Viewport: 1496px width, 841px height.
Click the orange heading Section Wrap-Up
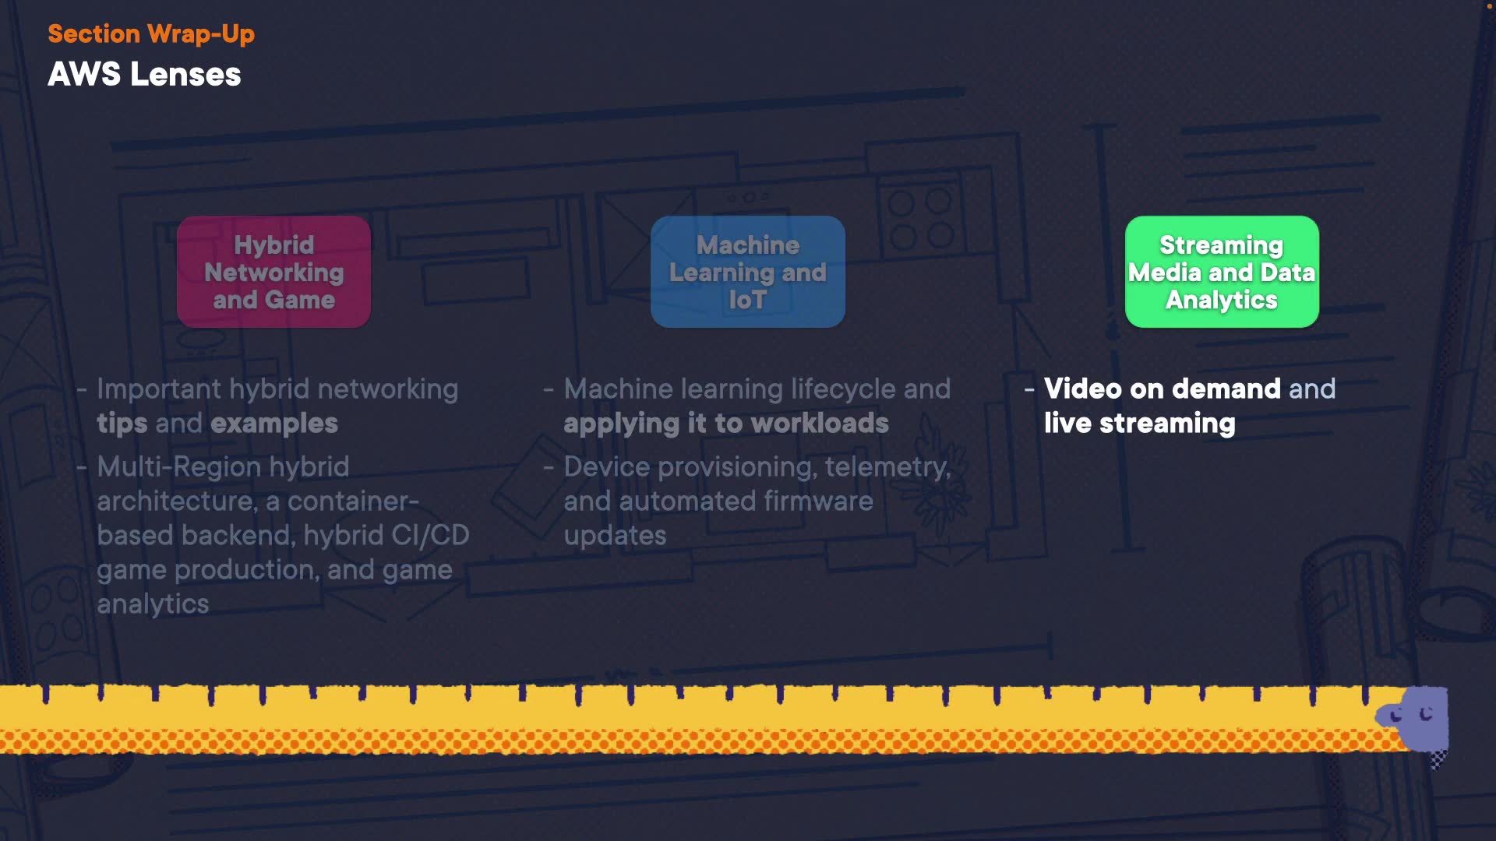pyautogui.click(x=151, y=34)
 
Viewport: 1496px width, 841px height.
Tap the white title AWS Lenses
pyautogui.click(x=144, y=75)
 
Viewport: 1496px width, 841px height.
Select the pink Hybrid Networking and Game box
pyautogui.click(x=273, y=272)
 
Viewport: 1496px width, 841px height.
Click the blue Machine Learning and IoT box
pyautogui.click(x=747, y=272)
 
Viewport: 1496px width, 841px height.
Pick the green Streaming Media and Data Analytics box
pyautogui.click(x=1221, y=272)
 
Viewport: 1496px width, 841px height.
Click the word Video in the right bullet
pyautogui.click(x=1082, y=389)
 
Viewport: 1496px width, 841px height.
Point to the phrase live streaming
pyautogui.click(x=1139, y=424)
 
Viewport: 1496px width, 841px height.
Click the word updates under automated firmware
pyautogui.click(x=615, y=536)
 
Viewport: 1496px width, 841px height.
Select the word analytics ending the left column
pyautogui.click(x=153, y=604)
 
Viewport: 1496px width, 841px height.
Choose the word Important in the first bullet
pyautogui.click(x=159, y=389)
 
